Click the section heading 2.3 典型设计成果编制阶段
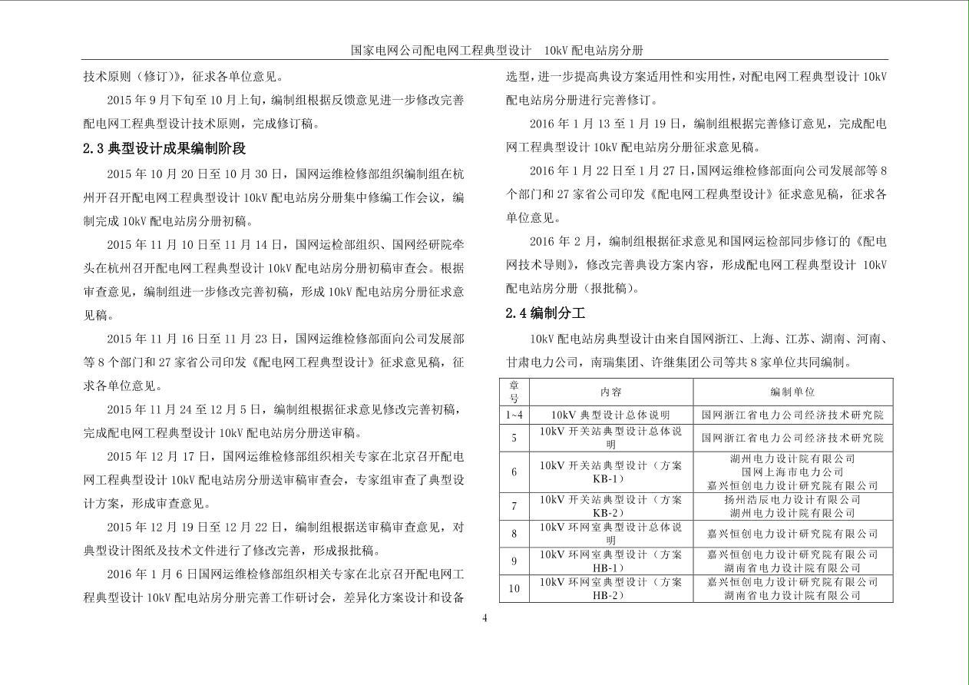[164, 148]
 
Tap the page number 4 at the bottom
[485, 619]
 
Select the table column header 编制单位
[792, 392]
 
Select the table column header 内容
[610, 392]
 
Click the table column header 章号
[514, 392]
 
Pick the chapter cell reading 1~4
[514, 415]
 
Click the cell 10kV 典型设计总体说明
[610, 415]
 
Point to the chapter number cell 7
[514, 506]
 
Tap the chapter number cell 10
[514, 589]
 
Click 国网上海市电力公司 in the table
[792, 472]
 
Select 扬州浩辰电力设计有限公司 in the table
[792, 499]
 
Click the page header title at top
[496, 50]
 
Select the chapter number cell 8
[514, 534]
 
